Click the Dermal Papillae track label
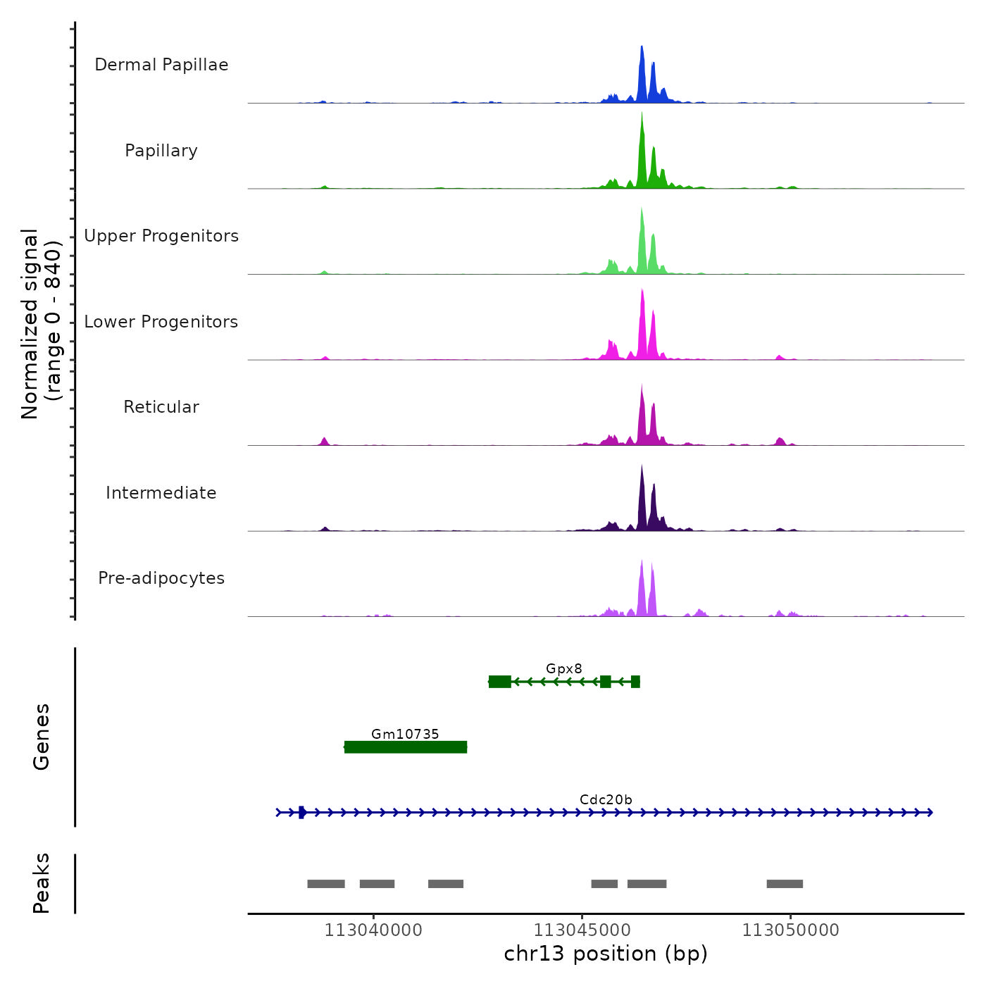[161, 65]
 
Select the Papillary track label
[161, 151]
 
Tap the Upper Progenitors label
[161, 236]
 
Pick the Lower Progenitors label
[161, 322]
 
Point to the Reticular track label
[161, 407]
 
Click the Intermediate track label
[161, 493]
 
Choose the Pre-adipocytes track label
[161, 578]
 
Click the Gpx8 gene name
[564, 669]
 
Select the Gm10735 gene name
[405, 735]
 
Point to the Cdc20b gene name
[606, 800]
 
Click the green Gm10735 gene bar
[406, 747]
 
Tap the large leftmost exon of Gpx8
[500, 681]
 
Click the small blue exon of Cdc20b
[301, 812]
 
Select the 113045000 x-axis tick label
[582, 930]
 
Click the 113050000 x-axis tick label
[790, 930]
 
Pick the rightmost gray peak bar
[785, 884]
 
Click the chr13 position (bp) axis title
[606, 954]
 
